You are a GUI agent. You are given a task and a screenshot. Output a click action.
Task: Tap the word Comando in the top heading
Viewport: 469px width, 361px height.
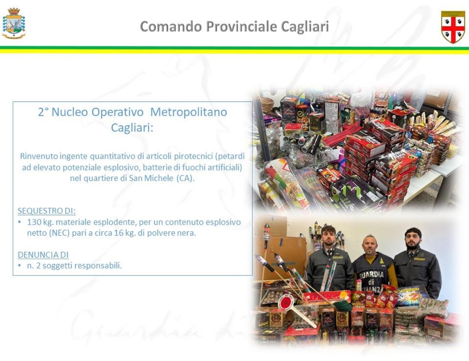click(171, 26)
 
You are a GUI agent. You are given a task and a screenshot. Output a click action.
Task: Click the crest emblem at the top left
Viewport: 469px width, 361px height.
click(14, 23)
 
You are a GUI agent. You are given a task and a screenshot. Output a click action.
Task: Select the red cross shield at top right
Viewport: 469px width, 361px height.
click(453, 27)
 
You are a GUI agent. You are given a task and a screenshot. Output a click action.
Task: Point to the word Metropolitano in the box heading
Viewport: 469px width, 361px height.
click(189, 112)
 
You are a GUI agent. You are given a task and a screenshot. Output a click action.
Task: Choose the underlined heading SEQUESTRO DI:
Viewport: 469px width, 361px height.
click(46, 211)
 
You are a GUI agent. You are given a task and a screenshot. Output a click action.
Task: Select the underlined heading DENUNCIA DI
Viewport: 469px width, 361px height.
click(43, 255)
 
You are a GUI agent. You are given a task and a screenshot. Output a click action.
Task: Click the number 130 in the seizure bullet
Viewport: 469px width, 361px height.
click(33, 222)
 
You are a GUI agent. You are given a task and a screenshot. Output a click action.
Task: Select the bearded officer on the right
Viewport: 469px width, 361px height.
click(417, 263)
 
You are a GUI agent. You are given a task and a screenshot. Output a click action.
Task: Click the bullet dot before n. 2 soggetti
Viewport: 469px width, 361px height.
click(20, 265)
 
